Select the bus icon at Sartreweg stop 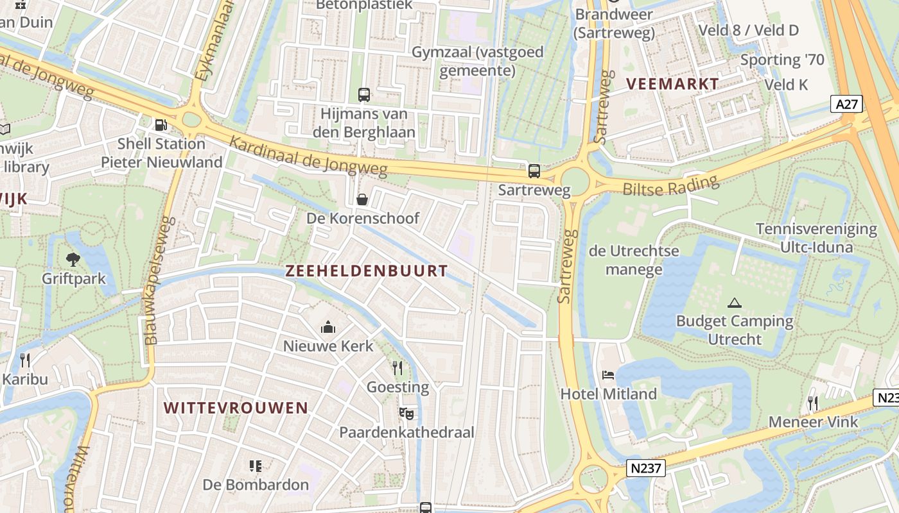(534, 171)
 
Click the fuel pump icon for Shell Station (161, 125)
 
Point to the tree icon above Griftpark (73, 259)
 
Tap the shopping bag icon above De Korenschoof (362, 199)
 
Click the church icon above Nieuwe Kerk (328, 328)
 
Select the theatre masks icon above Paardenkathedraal (406, 414)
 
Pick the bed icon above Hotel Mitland (608, 374)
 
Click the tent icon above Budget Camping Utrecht (734, 303)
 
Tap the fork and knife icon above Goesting (397, 367)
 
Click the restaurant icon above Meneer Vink (813, 403)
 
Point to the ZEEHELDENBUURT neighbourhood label (366, 271)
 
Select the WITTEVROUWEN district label (236, 408)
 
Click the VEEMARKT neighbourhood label (672, 84)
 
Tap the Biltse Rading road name (670, 187)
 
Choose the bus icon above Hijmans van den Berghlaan (364, 95)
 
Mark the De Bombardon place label (256, 484)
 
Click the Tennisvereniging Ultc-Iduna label (816, 238)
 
